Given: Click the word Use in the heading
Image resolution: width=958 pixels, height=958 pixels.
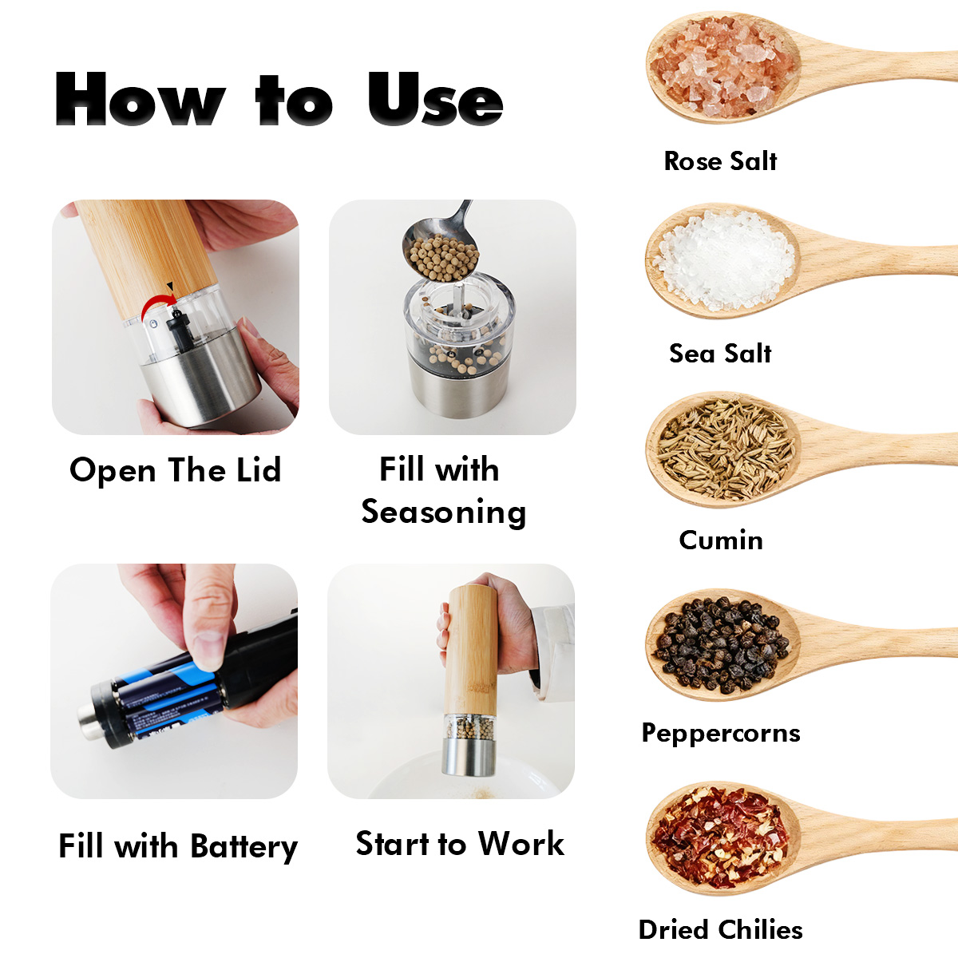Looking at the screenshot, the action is click(x=436, y=98).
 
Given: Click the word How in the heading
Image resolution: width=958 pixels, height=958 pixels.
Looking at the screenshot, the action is click(x=141, y=98).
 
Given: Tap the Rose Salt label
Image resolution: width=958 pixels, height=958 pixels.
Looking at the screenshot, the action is click(x=720, y=161).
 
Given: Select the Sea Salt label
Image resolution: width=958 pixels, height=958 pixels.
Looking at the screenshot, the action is click(x=720, y=354).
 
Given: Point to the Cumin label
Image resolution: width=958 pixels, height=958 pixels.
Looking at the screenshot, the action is click(x=721, y=540).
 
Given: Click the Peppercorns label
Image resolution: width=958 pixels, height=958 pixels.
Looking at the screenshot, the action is click(x=721, y=734).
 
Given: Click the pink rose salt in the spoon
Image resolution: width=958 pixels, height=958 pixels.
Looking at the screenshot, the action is click(x=722, y=67).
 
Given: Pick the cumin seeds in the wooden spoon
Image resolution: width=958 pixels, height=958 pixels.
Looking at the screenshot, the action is click(x=726, y=450).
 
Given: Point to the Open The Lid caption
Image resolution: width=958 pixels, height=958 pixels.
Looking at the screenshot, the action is click(x=176, y=469).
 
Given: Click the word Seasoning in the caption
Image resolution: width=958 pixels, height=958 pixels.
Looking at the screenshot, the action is click(x=443, y=513).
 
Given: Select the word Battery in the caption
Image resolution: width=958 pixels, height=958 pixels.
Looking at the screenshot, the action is click(x=244, y=847).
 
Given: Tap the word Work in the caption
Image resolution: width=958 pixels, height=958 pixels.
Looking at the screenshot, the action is click(x=521, y=844).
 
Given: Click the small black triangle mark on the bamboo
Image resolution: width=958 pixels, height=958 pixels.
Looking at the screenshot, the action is click(x=170, y=286).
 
